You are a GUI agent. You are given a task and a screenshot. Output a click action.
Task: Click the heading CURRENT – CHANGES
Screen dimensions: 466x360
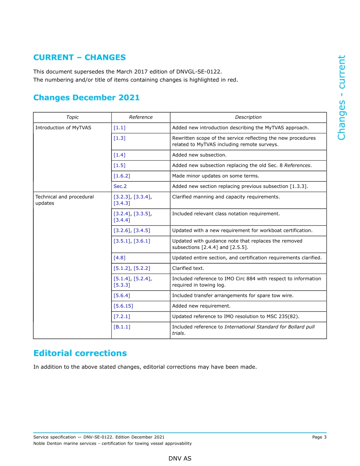coord(80,58)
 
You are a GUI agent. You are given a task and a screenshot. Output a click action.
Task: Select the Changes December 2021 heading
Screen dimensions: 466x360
coord(86,98)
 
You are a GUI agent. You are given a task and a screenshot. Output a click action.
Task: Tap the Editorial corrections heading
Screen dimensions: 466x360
coord(80,353)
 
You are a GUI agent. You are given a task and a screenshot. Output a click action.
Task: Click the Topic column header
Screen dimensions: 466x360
coord(72,117)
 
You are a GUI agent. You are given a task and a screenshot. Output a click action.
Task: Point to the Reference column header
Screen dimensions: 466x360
coord(141,117)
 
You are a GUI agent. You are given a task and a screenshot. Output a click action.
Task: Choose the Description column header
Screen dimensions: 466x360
coord(248,117)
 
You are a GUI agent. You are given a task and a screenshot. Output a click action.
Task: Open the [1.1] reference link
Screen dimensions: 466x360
coord(119,128)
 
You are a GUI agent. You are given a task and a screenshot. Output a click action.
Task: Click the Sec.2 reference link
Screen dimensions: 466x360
coord(120,186)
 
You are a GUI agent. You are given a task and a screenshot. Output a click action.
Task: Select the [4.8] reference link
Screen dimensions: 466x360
coord(119,258)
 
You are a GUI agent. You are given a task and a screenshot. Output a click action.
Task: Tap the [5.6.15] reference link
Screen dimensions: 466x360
coord(123,306)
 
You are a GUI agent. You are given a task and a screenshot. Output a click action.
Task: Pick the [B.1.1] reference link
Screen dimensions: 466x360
coord(122,327)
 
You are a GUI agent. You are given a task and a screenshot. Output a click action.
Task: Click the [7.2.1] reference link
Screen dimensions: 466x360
coord(122,316)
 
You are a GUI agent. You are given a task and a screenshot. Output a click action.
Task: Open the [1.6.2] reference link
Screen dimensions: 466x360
coord(122,176)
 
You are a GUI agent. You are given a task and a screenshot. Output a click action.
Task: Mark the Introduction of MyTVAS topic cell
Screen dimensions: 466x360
coord(63,128)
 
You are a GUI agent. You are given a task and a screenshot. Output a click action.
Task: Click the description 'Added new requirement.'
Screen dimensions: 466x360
coord(201,306)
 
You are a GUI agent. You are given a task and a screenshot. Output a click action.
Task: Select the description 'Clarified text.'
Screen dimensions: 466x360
coord(188,268)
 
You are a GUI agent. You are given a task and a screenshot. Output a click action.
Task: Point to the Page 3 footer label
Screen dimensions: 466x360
coord(319,437)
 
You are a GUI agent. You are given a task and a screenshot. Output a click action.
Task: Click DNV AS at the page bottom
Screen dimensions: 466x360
coord(180,458)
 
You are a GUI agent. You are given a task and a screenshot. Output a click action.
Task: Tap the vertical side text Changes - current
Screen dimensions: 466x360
coord(341,98)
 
